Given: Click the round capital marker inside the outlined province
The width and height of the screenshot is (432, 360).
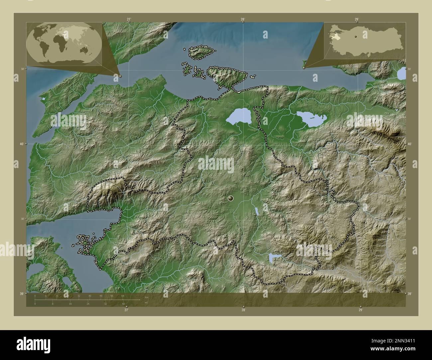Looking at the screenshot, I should click(x=231, y=199).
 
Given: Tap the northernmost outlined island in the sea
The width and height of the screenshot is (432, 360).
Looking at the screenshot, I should click(x=202, y=52).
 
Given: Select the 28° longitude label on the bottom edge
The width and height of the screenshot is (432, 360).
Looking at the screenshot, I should click(x=244, y=310).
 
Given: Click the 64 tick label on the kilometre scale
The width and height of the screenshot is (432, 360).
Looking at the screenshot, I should click(x=123, y=296).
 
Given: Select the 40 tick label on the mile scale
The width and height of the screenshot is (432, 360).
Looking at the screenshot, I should click(x=123, y=304).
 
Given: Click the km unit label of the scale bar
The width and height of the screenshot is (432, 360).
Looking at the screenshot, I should click(x=147, y=297).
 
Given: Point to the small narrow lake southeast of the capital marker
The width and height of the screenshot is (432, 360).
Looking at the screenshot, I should click(x=257, y=211).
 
